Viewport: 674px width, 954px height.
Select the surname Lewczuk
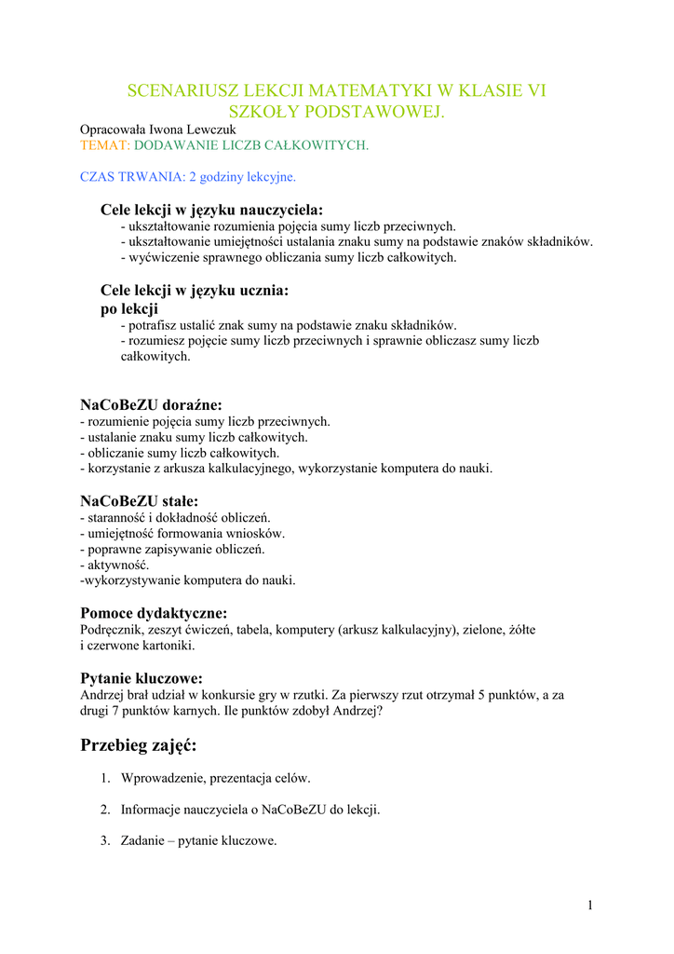(211, 129)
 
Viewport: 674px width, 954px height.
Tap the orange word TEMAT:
(105, 145)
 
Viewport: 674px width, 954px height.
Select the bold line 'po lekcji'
(128, 308)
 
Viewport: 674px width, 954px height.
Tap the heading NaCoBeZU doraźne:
(151, 405)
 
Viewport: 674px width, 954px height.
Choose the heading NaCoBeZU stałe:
(139, 501)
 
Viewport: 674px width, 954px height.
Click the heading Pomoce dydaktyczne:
(154, 613)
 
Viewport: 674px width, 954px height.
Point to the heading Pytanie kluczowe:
(142, 678)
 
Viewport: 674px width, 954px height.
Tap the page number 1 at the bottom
(590, 905)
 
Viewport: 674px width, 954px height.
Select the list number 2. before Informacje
(106, 810)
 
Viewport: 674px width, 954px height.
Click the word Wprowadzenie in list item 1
(162, 778)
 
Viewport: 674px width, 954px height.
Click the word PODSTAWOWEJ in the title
(384, 112)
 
